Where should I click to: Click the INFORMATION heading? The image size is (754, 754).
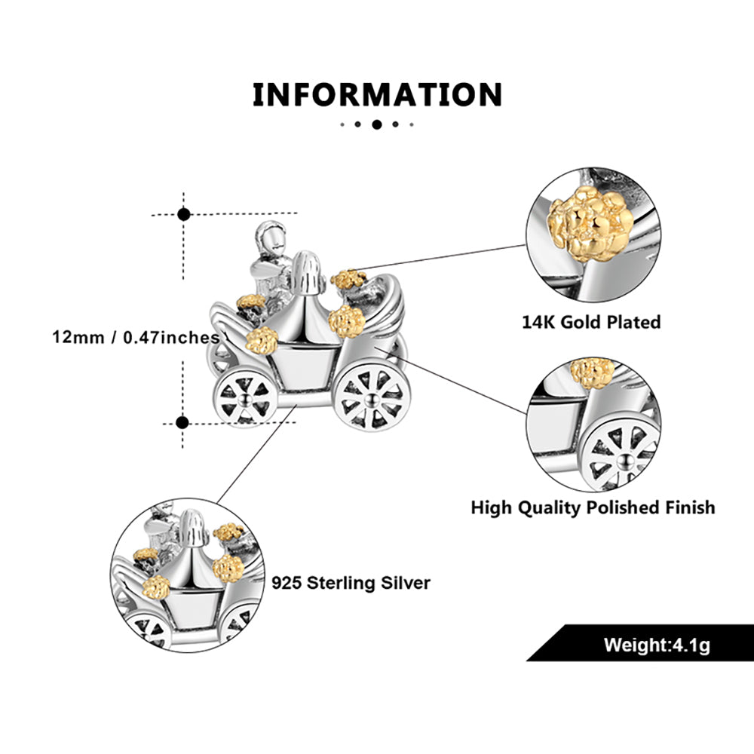[x=377, y=96]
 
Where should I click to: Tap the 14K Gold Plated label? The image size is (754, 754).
[x=591, y=322]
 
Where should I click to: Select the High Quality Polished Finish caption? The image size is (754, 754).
[x=593, y=507]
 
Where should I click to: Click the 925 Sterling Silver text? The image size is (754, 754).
[x=351, y=583]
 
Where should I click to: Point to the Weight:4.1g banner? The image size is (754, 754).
[x=656, y=645]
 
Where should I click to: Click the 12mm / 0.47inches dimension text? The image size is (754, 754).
[x=136, y=336]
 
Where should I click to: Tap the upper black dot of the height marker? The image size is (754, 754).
[x=183, y=214]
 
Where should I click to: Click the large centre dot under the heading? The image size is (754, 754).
[x=377, y=124]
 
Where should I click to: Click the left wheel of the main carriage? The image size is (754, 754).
[x=244, y=396]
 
